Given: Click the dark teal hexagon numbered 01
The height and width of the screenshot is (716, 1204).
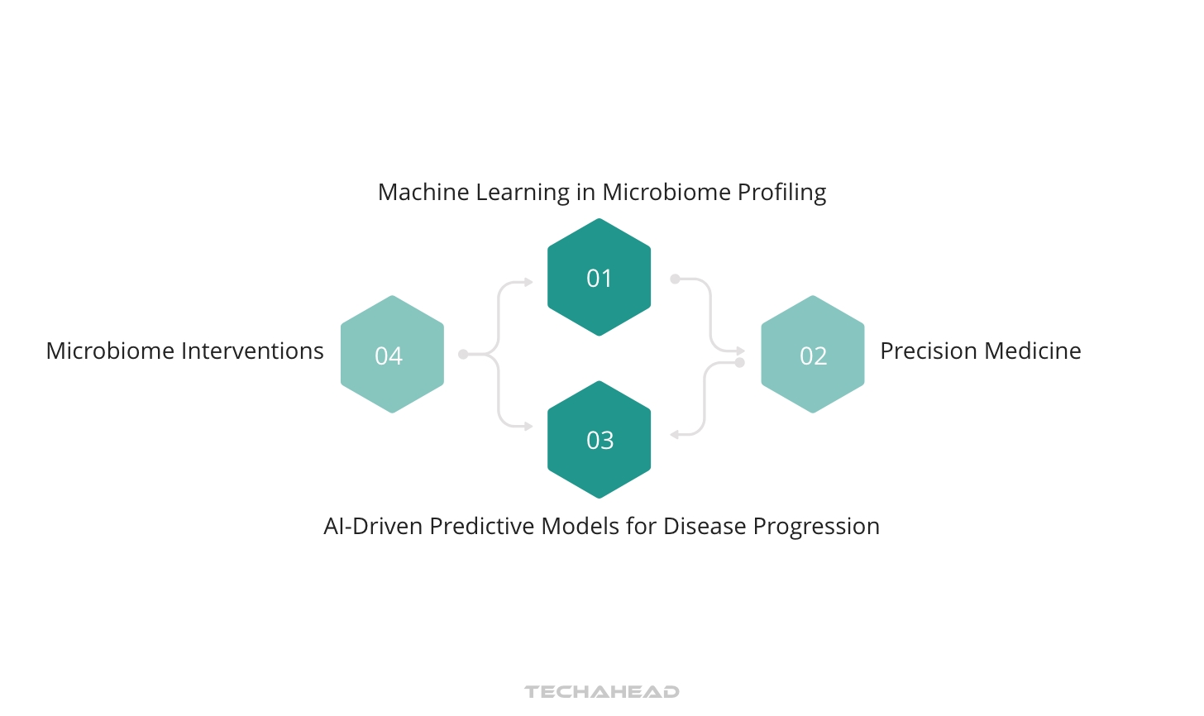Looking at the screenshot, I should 599,278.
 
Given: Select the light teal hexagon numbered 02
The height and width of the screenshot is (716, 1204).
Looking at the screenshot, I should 812,355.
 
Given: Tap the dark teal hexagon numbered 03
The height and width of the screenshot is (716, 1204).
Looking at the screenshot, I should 599,440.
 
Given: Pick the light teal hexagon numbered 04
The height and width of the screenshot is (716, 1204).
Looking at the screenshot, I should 392,355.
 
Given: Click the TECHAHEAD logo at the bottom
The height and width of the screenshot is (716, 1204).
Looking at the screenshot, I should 601,692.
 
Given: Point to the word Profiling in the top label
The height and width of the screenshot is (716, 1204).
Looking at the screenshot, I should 781,193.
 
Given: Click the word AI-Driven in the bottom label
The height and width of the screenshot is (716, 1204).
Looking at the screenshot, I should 373,527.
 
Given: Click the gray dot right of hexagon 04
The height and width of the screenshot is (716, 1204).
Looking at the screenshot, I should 463,355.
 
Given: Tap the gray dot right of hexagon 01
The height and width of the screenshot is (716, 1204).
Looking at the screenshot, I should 675,279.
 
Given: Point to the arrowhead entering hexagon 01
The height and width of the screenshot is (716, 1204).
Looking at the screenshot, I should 528,283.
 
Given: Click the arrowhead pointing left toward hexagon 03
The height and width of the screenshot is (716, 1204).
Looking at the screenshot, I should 675,434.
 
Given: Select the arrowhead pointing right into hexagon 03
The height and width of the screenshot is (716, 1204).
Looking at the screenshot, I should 528,427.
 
